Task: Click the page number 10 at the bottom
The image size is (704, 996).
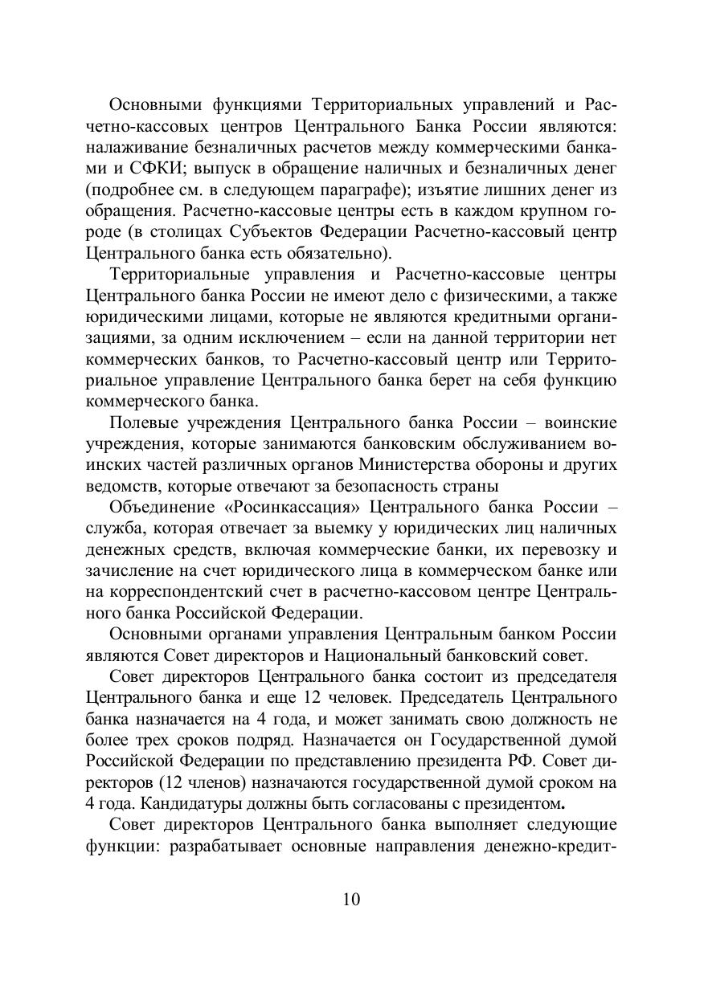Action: [x=351, y=899]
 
